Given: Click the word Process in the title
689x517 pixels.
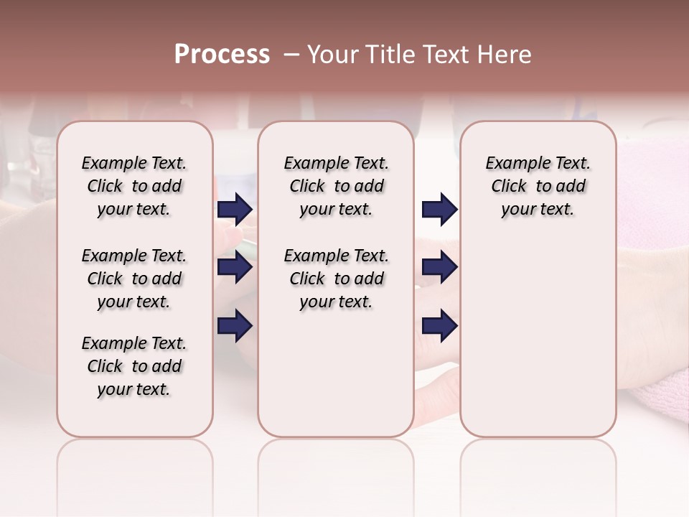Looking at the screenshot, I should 222,55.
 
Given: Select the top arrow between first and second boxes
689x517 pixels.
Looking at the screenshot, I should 235,209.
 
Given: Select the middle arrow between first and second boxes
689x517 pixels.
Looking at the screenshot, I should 235,268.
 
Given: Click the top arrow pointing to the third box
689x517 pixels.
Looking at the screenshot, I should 439,209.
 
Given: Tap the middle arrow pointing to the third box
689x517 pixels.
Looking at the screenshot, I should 439,268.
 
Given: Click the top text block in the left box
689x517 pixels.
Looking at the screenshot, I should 134,186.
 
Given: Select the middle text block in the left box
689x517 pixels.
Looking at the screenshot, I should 134,279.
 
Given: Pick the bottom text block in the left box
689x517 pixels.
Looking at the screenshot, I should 134,366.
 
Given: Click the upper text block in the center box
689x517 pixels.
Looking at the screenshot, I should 336,186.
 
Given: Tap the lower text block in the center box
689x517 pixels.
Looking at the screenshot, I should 336,279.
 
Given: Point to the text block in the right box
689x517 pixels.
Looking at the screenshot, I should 538,186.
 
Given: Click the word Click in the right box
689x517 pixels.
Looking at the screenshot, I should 509,186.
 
